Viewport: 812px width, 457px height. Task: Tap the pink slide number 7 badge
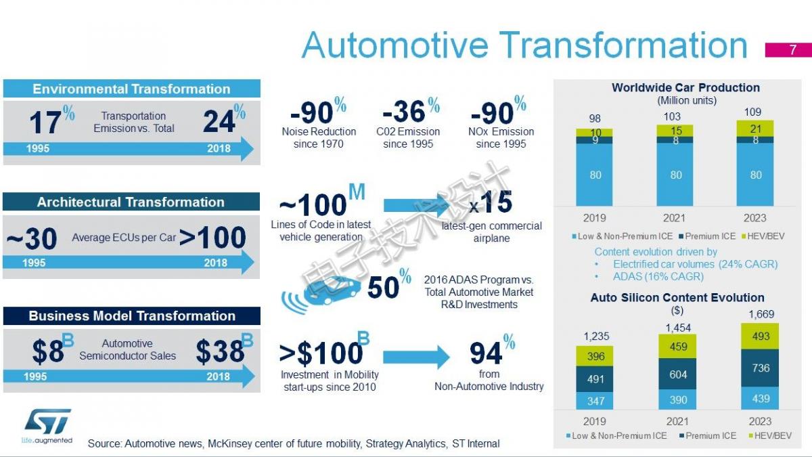pyautogui.click(x=788, y=49)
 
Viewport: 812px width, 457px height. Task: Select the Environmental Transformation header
pyautogui.click(x=131, y=89)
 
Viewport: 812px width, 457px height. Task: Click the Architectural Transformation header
pyautogui.click(x=131, y=202)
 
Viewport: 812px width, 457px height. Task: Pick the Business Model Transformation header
pyautogui.click(x=131, y=315)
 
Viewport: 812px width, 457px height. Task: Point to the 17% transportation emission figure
pyautogui.click(x=52, y=120)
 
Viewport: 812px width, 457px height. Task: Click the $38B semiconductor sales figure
pyautogui.click(x=225, y=349)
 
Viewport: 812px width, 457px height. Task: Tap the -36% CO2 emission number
pyautogui.click(x=411, y=110)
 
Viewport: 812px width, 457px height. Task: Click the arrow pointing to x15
pyautogui.click(x=417, y=205)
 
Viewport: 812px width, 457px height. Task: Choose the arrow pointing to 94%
pyautogui.click(x=417, y=357)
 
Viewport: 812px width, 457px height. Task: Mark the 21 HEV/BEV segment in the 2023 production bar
pyautogui.click(x=755, y=129)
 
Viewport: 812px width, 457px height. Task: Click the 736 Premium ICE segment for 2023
pyautogui.click(x=760, y=368)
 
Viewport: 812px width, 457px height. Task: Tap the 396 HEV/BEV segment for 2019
pyautogui.click(x=595, y=356)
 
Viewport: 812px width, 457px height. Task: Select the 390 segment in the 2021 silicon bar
pyautogui.click(x=677, y=399)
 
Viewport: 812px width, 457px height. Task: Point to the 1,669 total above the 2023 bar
pyautogui.click(x=761, y=314)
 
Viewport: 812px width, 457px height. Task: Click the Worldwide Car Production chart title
pyautogui.click(x=686, y=87)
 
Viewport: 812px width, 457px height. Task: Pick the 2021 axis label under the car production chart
pyautogui.click(x=674, y=218)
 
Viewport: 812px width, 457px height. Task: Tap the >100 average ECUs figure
pyautogui.click(x=212, y=237)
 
